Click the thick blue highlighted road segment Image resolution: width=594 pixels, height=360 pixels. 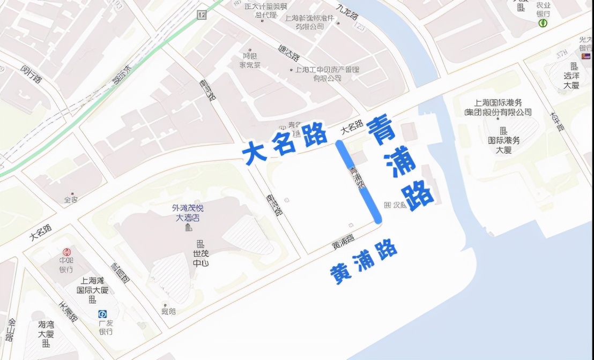click(x=359, y=181)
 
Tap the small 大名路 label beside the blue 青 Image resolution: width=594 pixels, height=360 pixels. click(x=351, y=129)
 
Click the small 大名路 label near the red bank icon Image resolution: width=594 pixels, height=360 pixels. click(x=41, y=233)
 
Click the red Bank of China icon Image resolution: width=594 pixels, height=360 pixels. click(x=66, y=252)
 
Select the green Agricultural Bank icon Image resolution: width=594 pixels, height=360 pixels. click(x=543, y=23)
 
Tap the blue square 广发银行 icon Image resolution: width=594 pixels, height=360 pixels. click(x=102, y=314)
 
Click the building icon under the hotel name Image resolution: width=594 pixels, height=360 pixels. click(x=188, y=228)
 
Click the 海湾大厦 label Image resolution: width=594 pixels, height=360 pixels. click(x=46, y=329)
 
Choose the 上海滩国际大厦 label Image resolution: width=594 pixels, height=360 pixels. click(x=94, y=285)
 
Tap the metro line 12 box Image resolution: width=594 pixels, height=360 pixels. click(x=202, y=14)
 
